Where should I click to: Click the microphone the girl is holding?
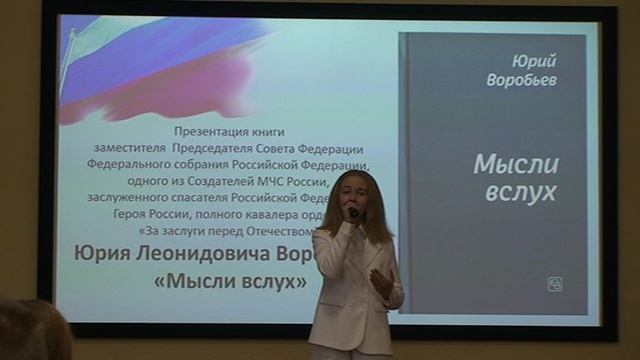point(353,211)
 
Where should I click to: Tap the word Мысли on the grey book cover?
point(515,165)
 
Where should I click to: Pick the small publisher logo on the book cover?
point(554,284)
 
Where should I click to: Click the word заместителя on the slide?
point(117,147)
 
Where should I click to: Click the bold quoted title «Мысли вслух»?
point(231,281)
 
